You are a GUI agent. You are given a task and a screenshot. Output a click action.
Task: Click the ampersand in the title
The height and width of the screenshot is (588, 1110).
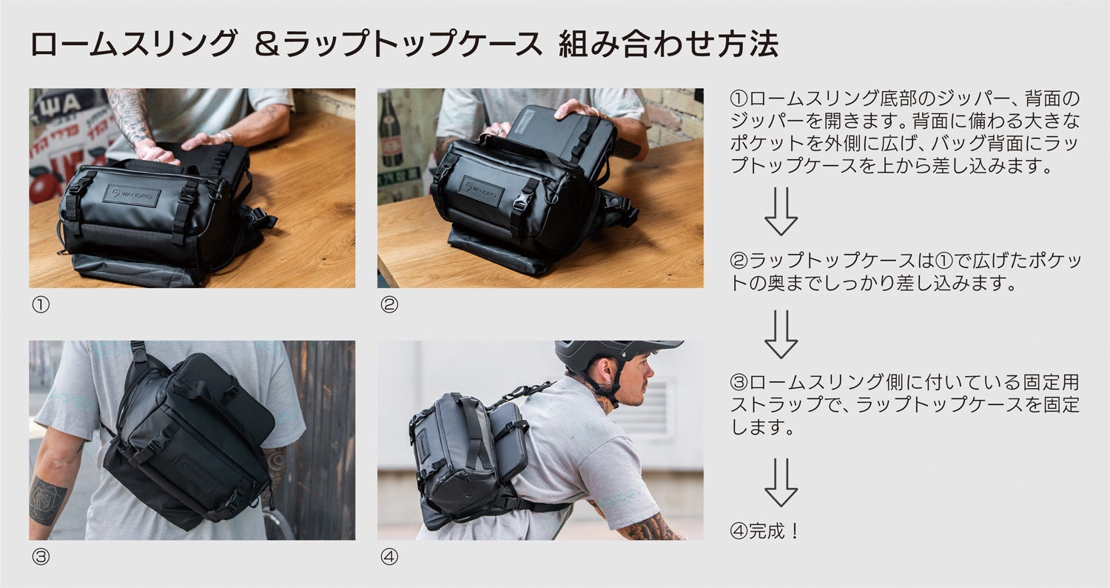point(268,44)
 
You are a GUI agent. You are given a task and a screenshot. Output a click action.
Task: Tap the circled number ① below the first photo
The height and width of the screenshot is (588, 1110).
point(41,304)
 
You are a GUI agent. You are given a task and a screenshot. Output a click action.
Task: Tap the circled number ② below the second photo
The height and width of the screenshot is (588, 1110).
point(389,304)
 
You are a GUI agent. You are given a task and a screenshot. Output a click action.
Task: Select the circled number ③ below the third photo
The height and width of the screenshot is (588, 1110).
point(41,557)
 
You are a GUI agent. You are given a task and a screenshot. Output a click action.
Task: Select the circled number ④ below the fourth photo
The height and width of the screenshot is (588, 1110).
point(389,557)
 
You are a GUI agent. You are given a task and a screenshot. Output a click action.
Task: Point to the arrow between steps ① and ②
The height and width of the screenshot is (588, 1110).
point(781,211)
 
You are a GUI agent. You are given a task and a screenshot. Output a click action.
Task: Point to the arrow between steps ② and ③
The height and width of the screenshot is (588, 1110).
point(781,335)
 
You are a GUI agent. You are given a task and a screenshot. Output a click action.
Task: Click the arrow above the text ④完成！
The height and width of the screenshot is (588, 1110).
point(781,482)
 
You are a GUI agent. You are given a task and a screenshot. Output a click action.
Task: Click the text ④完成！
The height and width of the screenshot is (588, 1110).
point(764,531)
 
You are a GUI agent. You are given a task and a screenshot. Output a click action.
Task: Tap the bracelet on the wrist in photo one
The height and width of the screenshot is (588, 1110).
point(226,135)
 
